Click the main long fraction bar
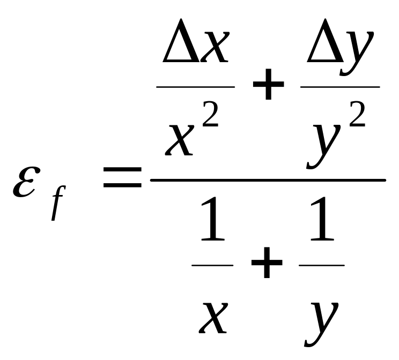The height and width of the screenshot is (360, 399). click(x=268, y=180)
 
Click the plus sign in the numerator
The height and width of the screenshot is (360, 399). click(x=268, y=86)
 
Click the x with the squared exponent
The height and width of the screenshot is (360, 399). click(x=180, y=138)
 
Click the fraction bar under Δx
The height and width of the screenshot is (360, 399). click(x=196, y=86)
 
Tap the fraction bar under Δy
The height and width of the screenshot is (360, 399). click(x=339, y=86)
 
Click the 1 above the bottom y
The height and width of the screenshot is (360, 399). click(x=321, y=226)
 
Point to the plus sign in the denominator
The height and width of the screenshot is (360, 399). click(x=266, y=265)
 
